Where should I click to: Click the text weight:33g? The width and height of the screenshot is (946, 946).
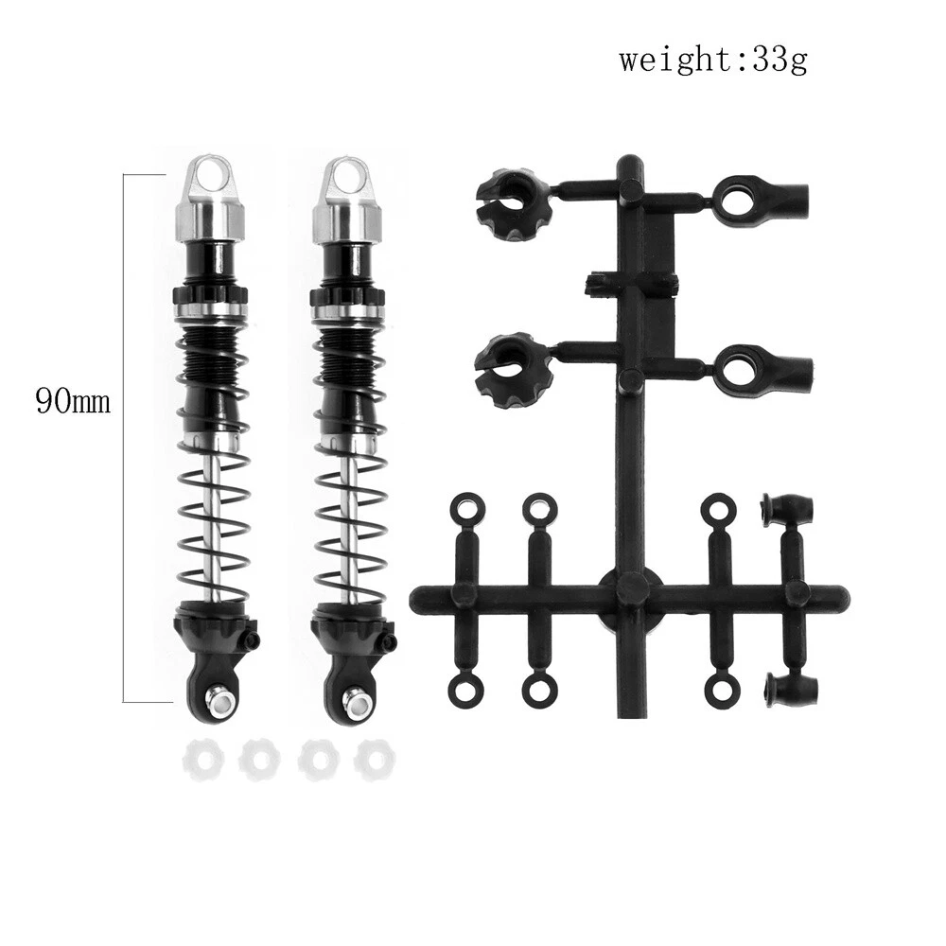(712, 61)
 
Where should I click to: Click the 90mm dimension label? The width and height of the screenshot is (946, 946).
(73, 401)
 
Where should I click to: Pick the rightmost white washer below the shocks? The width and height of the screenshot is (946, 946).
(376, 761)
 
